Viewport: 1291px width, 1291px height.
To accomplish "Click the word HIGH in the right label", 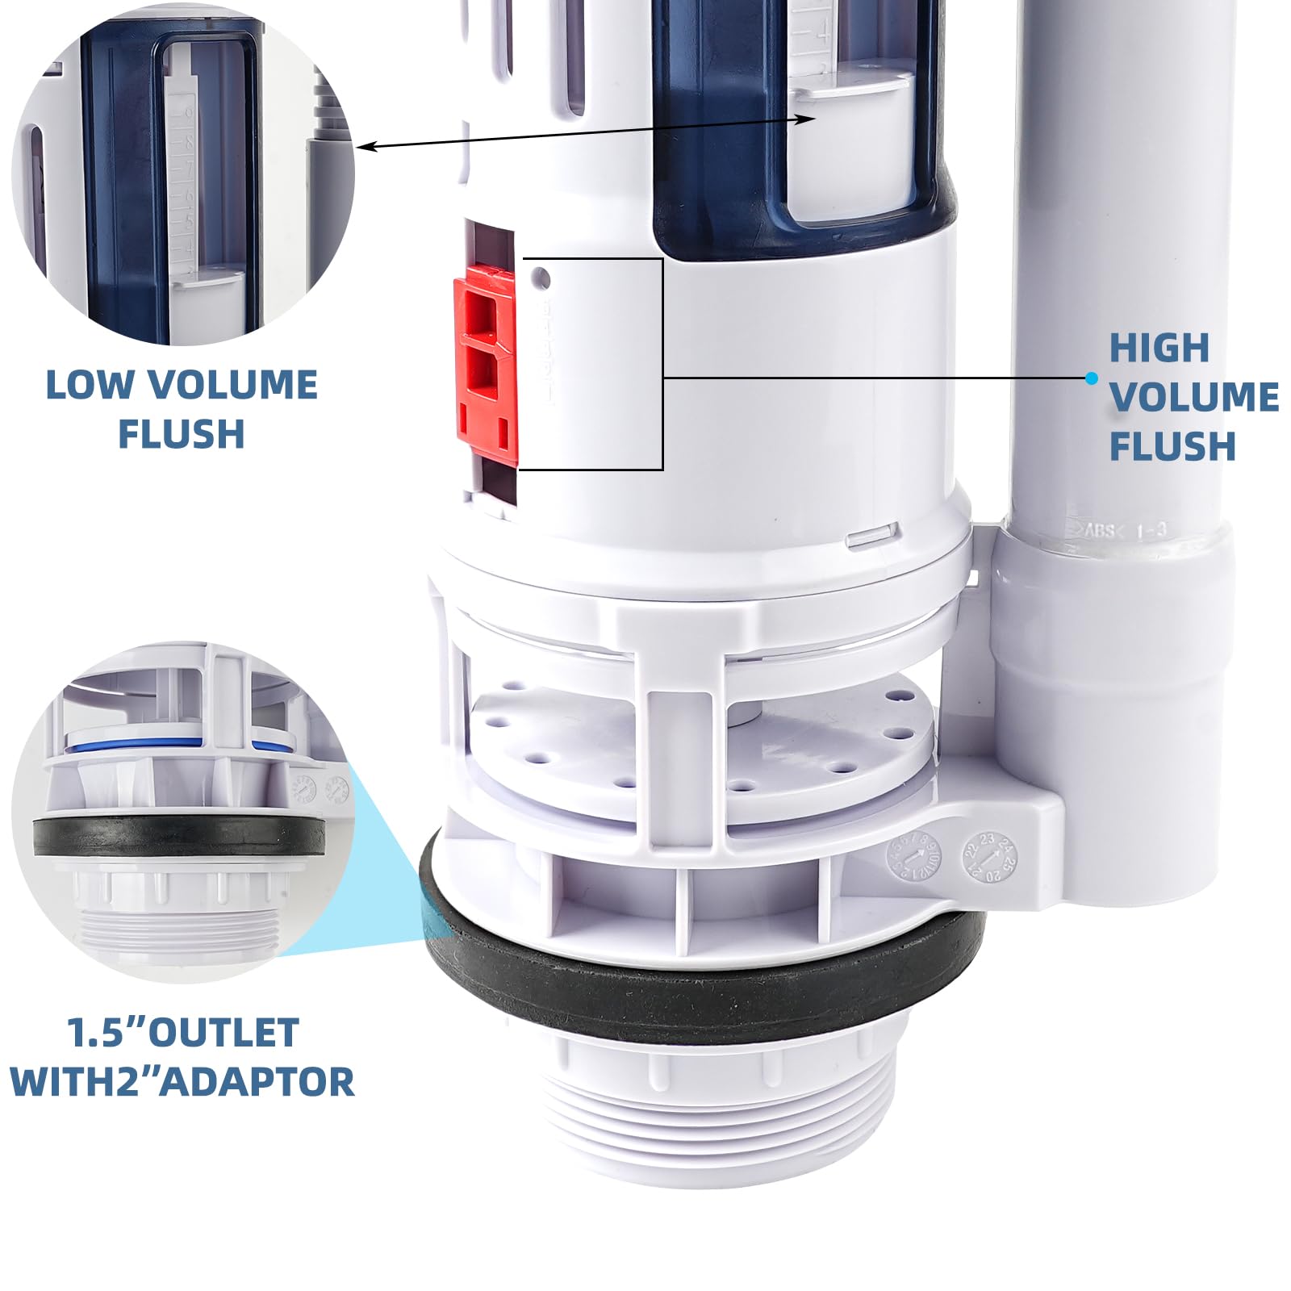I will point(1159,349).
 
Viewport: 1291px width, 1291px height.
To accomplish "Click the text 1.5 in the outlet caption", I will point(96,1033).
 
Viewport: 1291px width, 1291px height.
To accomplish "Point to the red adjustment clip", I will point(486,367).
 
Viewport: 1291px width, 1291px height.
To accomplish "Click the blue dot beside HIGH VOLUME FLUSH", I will point(1092,378).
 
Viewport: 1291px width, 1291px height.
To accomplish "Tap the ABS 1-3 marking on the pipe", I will point(1126,530).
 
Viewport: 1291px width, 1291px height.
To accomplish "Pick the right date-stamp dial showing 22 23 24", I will point(992,857).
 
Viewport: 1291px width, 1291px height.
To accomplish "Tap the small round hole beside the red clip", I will point(542,279).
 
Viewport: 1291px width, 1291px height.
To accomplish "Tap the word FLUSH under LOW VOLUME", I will point(182,434).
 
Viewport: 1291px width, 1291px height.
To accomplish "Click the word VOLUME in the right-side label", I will point(1193,397).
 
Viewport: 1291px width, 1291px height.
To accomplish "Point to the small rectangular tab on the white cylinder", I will point(874,534).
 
